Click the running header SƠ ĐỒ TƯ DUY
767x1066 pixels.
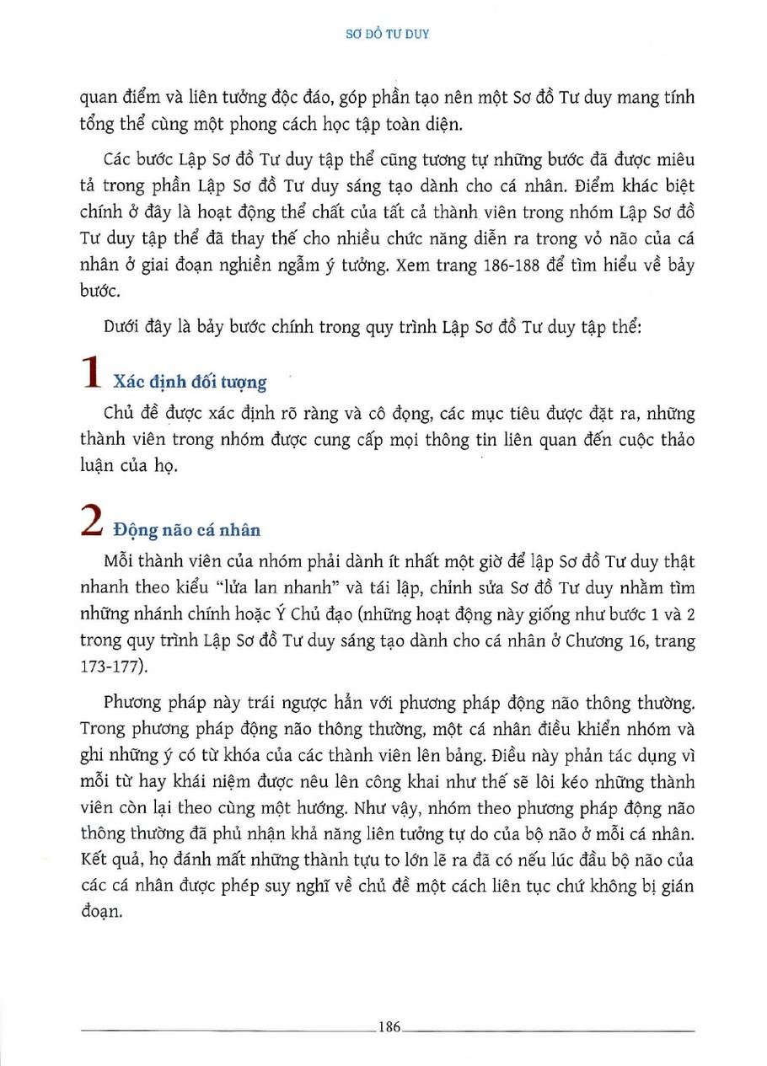click(x=389, y=35)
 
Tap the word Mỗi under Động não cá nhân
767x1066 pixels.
click(x=121, y=562)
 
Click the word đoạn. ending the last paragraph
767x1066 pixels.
click(x=99, y=913)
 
